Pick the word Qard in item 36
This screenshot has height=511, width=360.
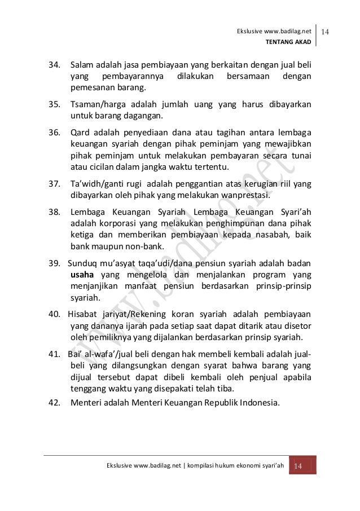coord(80,133)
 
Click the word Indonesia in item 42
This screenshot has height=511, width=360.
coord(257,403)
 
